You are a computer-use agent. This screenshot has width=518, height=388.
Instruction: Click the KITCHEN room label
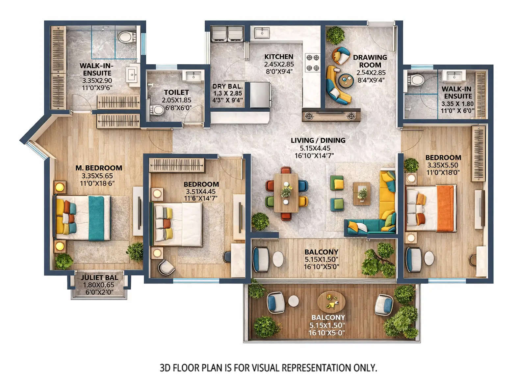coord(278,57)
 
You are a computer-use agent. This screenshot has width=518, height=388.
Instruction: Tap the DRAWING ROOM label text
coord(370,61)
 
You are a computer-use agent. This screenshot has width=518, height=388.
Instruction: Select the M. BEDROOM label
coord(99,168)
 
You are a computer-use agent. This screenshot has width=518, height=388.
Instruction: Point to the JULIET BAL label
coord(99,278)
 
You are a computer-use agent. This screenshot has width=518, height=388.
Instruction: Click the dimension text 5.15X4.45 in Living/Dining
coord(315,148)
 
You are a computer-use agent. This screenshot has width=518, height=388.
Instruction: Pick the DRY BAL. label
coord(227,87)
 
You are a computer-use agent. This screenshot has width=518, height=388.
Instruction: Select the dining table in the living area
coord(286,193)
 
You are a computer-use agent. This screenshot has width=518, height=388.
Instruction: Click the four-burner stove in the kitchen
coord(312,63)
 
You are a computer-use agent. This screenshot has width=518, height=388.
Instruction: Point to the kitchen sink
coord(262,33)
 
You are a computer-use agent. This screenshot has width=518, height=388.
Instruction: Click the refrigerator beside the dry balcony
coord(260,95)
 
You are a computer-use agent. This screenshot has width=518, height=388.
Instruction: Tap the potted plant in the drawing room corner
coord(335,35)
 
